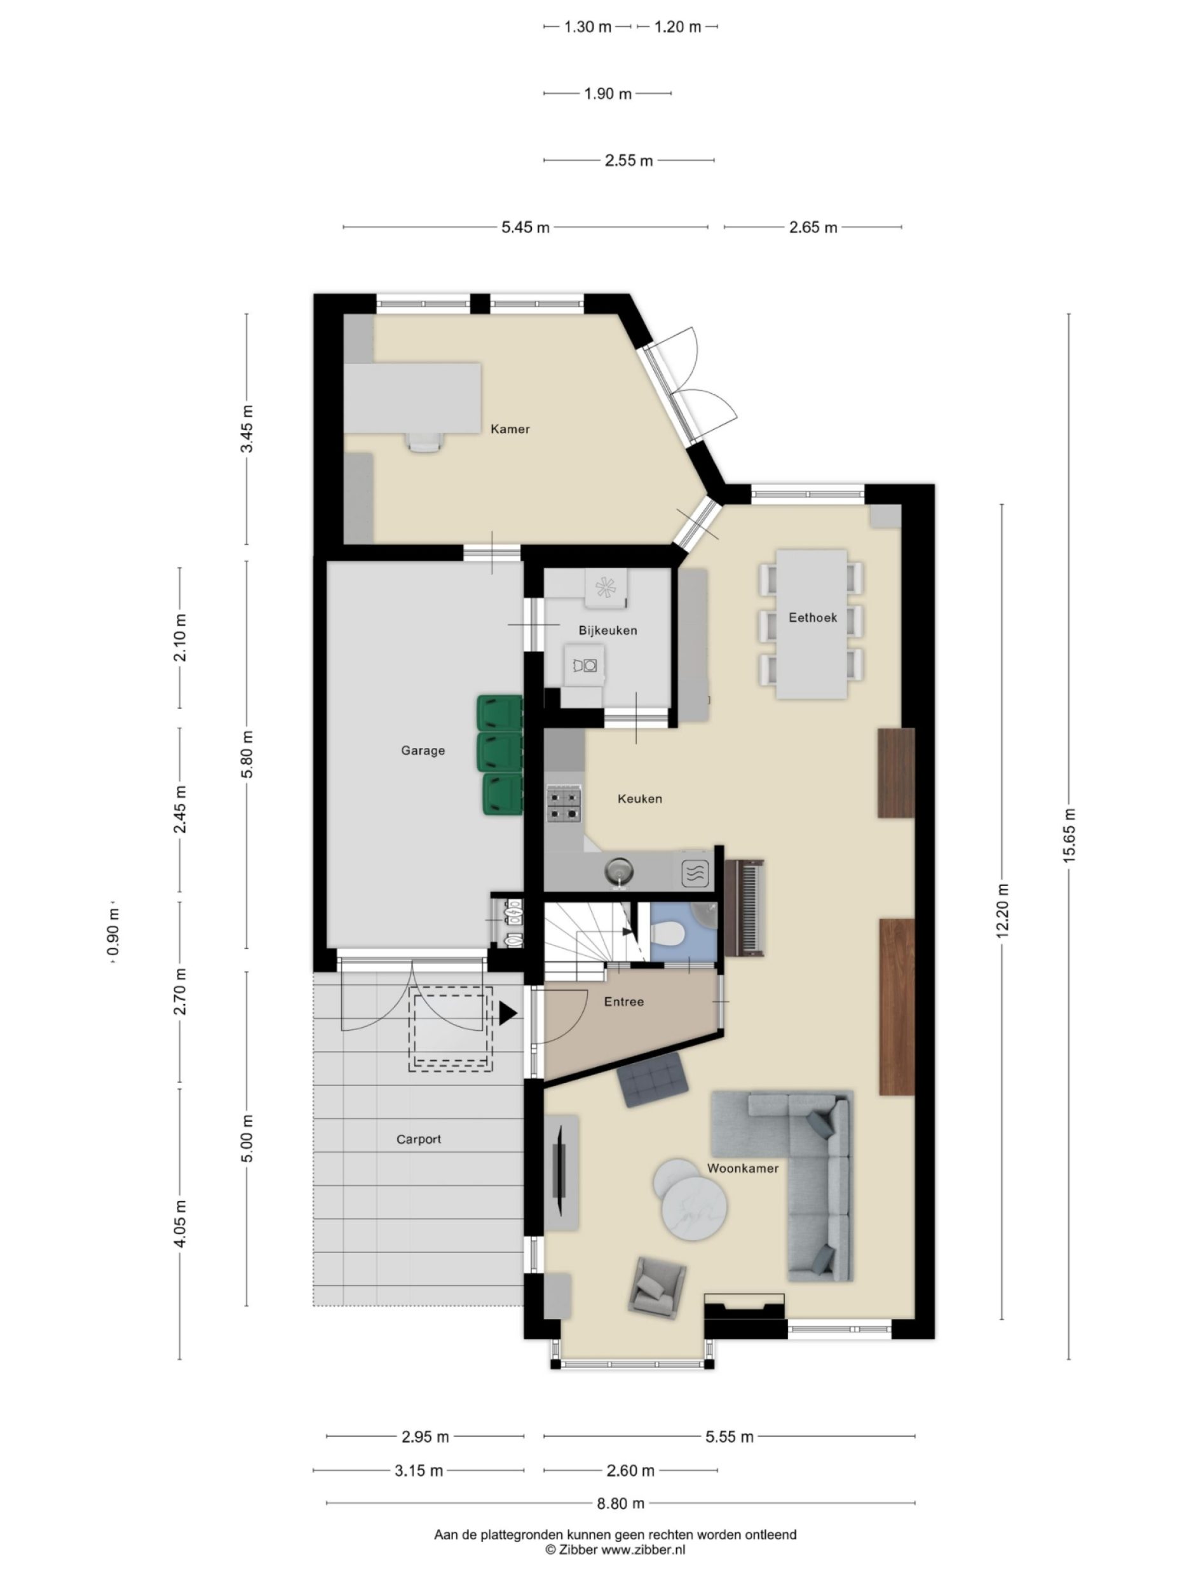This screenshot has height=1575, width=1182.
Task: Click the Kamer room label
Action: click(510, 429)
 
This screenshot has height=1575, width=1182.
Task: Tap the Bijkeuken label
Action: click(607, 630)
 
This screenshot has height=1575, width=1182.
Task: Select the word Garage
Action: click(423, 750)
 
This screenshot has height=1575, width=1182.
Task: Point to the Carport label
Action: click(418, 1139)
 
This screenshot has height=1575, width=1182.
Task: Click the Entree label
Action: click(623, 1001)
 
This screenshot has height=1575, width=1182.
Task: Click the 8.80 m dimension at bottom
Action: click(620, 1503)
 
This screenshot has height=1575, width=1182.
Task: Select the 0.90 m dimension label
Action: click(113, 933)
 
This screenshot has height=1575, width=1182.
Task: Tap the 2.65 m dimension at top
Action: click(812, 227)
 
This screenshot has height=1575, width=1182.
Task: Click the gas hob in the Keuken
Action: click(564, 804)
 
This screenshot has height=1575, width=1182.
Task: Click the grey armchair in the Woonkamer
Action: click(657, 1285)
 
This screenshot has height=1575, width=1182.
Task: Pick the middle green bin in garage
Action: click(499, 751)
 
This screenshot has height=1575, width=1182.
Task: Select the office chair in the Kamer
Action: click(426, 441)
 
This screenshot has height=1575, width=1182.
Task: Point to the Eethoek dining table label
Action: click(812, 617)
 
